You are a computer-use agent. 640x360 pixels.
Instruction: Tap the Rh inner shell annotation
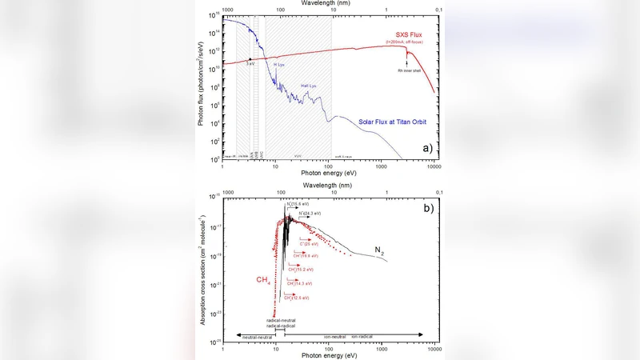pos(409,70)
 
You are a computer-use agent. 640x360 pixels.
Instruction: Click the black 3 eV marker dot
pos(250,59)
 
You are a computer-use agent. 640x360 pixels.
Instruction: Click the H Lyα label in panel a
pos(278,63)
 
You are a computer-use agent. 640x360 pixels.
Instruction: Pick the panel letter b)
pos(427,209)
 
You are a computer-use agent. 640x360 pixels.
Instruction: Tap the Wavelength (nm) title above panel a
pos(329,3)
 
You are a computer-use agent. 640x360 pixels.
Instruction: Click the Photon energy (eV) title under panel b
pos(329,355)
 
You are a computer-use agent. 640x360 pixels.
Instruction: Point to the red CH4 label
pos(263,279)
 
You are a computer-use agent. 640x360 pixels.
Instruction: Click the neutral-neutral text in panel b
pos(255,336)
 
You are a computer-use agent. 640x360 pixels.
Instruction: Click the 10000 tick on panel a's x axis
pos(434,166)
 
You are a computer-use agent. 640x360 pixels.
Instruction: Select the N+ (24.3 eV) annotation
pos(310,214)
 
